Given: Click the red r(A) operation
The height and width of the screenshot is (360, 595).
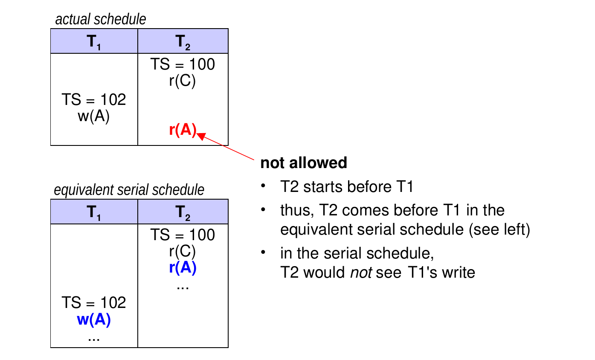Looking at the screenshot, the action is point(183,130).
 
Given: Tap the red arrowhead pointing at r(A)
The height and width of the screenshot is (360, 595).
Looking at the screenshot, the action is point(202,136).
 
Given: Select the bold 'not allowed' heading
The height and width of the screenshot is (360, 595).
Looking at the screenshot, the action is point(304,163).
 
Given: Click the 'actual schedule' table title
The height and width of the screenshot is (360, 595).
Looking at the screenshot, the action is point(101,19).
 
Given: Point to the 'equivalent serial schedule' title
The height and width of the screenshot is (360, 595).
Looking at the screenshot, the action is point(129,190).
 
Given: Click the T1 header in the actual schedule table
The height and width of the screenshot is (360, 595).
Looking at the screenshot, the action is point(94,42).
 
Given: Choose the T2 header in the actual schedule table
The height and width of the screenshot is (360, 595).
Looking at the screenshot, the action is point(183,42).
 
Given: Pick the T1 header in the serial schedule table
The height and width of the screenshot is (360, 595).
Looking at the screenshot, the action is point(94,212).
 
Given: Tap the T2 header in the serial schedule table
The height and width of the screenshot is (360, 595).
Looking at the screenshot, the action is point(183,212).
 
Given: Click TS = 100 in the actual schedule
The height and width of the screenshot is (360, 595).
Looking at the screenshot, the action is point(183,64).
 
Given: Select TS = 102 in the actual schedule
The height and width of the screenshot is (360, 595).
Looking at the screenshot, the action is point(94,99).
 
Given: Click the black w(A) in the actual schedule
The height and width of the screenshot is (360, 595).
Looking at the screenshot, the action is point(94,116).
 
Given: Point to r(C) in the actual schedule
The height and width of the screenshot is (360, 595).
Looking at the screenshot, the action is point(183,81).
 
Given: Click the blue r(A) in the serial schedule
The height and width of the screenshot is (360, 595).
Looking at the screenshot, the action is point(183,267).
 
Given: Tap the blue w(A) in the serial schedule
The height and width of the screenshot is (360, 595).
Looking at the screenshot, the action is point(94,319).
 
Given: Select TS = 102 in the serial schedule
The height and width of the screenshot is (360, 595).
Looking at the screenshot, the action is point(94,302).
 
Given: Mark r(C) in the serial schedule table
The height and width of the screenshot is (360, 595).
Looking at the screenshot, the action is point(183,251).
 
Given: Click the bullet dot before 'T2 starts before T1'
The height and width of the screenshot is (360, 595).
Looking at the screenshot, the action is point(263,185).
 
